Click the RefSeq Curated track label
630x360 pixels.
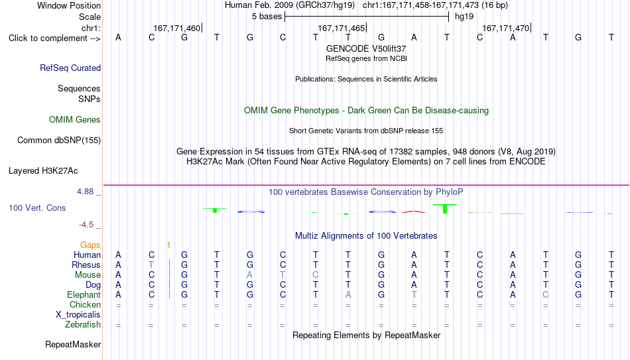70,68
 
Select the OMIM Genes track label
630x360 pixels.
75,120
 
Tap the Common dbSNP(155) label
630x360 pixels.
58,141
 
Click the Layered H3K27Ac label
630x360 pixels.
43,171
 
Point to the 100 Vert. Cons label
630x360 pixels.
37,208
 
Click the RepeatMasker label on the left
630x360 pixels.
73,344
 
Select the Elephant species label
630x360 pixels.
84,294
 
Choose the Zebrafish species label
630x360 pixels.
83,324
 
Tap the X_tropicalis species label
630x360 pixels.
78,315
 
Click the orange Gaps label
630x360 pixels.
90,245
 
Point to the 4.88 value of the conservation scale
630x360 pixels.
85,192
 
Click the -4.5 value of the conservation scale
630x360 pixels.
86,225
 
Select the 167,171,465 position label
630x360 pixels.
341,28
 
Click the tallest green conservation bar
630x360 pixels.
445,209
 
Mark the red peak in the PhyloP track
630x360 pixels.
414,211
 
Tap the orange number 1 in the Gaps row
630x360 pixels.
168,245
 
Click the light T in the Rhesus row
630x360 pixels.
151,265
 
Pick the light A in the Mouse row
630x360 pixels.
249,275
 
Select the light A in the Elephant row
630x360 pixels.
348,294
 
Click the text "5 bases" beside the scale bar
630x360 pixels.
267,17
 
